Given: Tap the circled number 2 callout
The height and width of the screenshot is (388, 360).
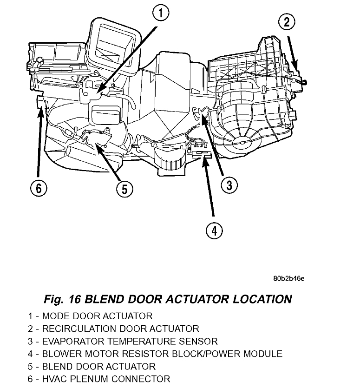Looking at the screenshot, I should [287, 22].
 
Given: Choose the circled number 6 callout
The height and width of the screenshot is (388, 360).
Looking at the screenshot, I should [39, 188].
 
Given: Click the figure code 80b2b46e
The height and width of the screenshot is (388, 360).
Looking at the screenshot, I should [289, 279].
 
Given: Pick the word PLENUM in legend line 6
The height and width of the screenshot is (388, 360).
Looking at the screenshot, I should [89, 379].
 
